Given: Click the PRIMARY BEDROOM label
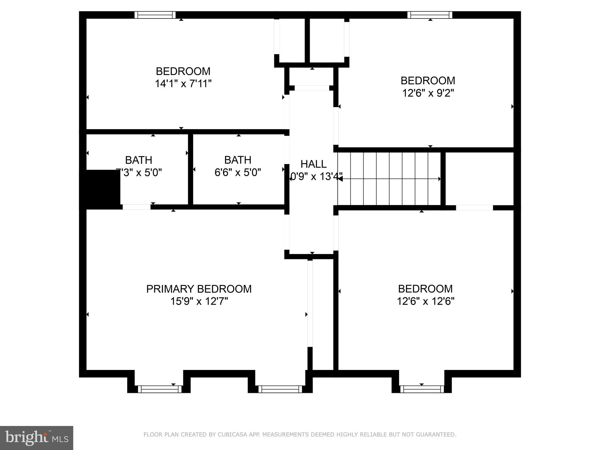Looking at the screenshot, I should [x=199, y=289].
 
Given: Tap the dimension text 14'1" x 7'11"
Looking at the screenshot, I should [x=183, y=84].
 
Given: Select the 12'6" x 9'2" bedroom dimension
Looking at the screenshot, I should [x=428, y=93].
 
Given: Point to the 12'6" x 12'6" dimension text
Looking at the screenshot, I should [x=425, y=301].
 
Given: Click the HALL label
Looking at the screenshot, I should [x=313, y=164].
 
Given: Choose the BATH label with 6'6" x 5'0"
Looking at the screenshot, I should [x=238, y=160].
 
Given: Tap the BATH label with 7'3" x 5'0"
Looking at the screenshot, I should [x=139, y=160].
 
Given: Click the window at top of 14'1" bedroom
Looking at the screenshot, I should [x=155, y=15].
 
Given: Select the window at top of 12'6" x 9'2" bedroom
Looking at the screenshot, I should [x=430, y=15].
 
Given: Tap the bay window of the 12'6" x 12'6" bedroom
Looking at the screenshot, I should [x=422, y=389].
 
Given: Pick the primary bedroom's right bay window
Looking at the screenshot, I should [x=280, y=389].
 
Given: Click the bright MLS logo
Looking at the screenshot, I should [x=36, y=438].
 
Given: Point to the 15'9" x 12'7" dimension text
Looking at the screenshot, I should [x=199, y=301].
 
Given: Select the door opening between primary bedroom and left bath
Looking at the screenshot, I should [x=137, y=207].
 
